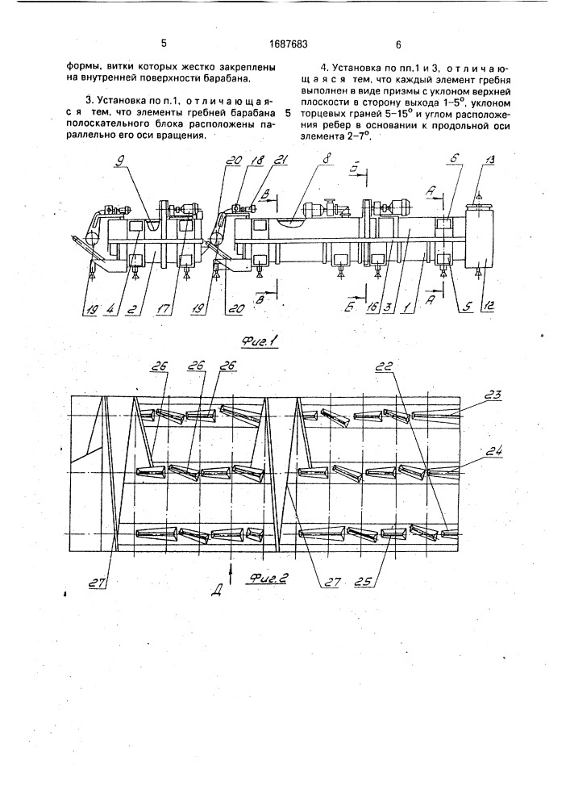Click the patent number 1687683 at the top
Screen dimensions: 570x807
[289, 44]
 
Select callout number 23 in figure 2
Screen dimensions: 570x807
[493, 395]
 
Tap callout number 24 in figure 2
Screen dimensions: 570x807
[493, 451]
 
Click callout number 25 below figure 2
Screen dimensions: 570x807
[366, 582]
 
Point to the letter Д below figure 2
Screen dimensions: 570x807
[216, 592]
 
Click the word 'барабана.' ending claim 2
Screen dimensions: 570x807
[228, 79]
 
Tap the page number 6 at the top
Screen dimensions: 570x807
[398, 44]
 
